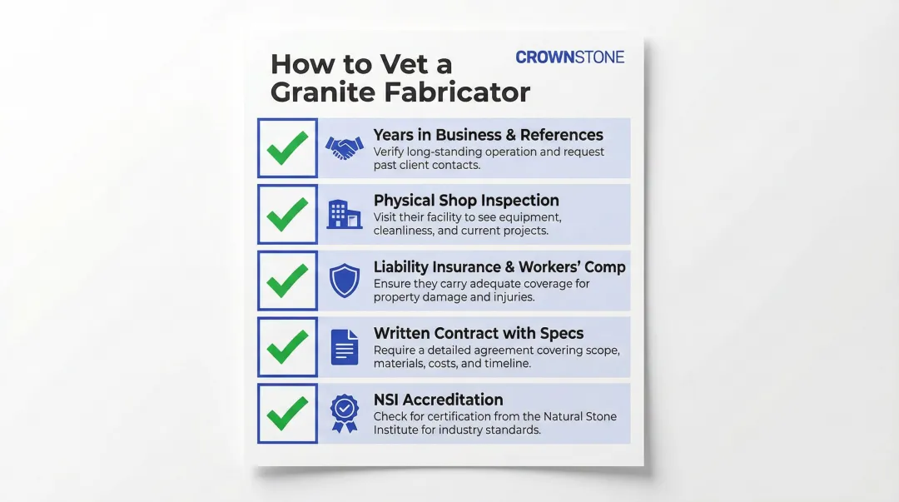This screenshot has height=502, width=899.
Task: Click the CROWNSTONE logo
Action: coord(569,57)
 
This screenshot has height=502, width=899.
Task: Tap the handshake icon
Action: coord(344,148)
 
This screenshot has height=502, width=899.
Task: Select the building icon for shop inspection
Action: coord(344,214)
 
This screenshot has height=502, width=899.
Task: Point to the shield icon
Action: coord(344,281)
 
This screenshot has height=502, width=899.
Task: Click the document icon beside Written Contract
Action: coord(344,346)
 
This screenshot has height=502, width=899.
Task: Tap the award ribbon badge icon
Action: coord(344,413)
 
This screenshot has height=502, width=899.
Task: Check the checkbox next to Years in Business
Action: coord(287,148)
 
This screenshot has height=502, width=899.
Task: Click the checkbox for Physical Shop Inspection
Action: coord(287,214)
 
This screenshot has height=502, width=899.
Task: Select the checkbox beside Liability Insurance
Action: coord(287,281)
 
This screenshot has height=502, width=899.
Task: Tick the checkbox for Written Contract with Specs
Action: coord(287,346)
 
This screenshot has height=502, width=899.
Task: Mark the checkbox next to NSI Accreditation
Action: coord(287,413)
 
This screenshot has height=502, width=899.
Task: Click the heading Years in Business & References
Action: coord(488,135)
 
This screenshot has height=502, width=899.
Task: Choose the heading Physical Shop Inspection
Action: coord(466,201)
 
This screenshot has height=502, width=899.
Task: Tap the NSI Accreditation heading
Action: coord(438,400)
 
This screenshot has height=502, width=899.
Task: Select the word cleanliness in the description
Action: coord(407,231)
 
